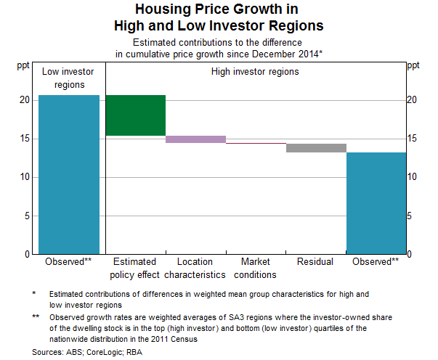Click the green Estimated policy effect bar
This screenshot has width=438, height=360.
coord(135,115)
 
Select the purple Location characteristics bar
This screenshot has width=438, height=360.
coord(195,139)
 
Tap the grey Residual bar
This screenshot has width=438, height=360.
coord(316,148)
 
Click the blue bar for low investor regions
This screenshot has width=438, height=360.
coord(69,174)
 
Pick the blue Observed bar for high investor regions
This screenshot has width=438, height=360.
coord(376,203)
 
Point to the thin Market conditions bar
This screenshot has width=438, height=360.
coord(256,144)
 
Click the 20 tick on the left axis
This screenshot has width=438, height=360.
coord(25,100)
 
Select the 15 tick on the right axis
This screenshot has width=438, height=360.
coord(412,139)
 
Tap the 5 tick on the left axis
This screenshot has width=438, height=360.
coord(28,216)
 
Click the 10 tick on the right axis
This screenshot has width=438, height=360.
coord(412,177)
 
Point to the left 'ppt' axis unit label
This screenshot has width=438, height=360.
coord(25,66)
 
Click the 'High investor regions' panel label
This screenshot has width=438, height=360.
coord(255,72)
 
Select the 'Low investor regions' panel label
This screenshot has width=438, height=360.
coord(69,78)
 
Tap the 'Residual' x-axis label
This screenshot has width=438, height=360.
coord(316,261)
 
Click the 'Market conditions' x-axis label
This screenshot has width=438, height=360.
coord(256,268)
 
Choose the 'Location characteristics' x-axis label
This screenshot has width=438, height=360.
coord(195,268)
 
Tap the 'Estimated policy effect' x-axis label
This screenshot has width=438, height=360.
coord(135,268)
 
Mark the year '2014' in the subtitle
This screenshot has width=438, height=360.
coord(307,53)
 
